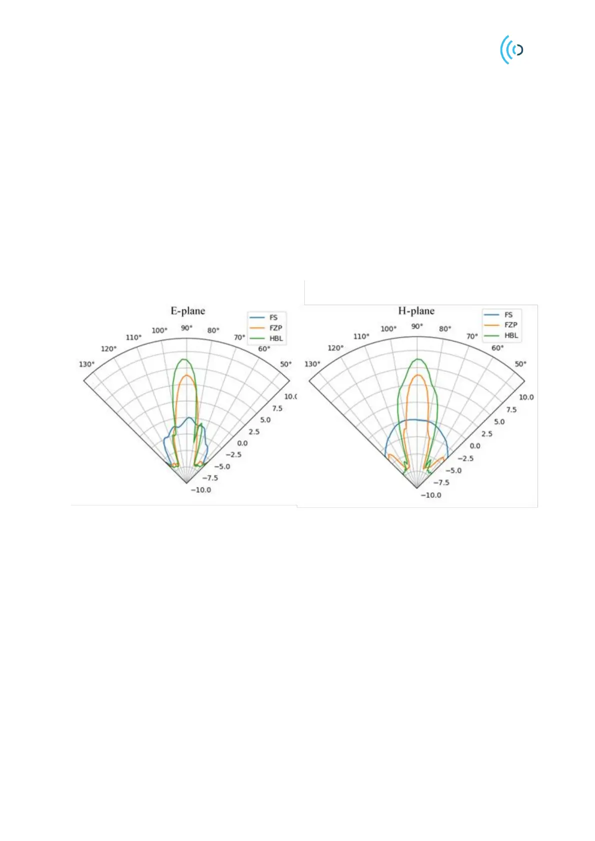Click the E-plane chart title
188,311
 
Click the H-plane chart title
416,311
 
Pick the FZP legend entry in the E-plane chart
266,328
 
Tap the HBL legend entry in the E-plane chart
266,338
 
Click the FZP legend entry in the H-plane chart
501,325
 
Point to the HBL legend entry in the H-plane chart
501,335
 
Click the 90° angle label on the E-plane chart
187,328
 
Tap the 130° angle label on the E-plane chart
87,364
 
